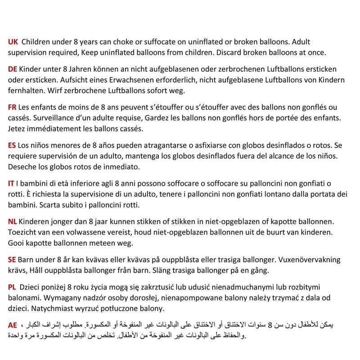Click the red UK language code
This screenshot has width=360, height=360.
click(13, 41)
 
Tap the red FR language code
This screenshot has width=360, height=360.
click(13, 108)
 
